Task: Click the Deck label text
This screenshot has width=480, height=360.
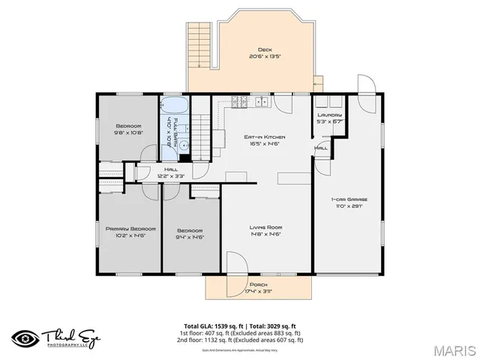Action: point(265,50)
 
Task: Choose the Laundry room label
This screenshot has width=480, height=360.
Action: point(329,115)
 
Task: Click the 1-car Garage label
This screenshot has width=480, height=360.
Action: point(349,199)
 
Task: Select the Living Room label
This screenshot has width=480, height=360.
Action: point(265,227)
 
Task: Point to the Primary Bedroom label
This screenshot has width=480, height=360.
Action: point(130,228)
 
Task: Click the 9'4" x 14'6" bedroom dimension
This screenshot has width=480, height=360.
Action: point(190,237)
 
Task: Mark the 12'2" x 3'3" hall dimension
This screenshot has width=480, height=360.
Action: point(170,175)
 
